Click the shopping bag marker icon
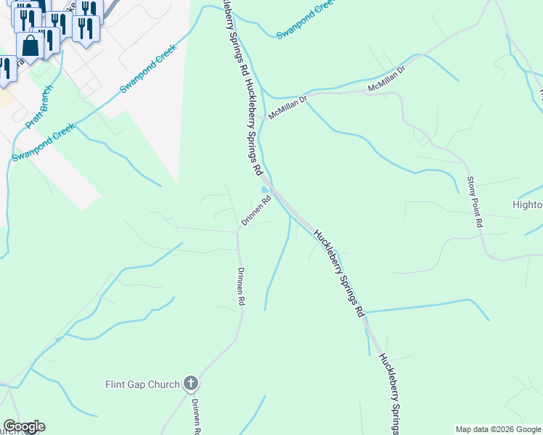[x=30, y=45]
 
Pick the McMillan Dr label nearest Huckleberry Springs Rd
[x=288, y=107]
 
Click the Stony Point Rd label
[x=475, y=203]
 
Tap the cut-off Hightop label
[x=528, y=204]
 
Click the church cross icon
[x=191, y=383]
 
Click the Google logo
[x=24, y=426]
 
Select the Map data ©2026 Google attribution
[x=499, y=429]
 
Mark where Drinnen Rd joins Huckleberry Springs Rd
[x=271, y=190]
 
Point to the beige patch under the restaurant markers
[x=4, y=98]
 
